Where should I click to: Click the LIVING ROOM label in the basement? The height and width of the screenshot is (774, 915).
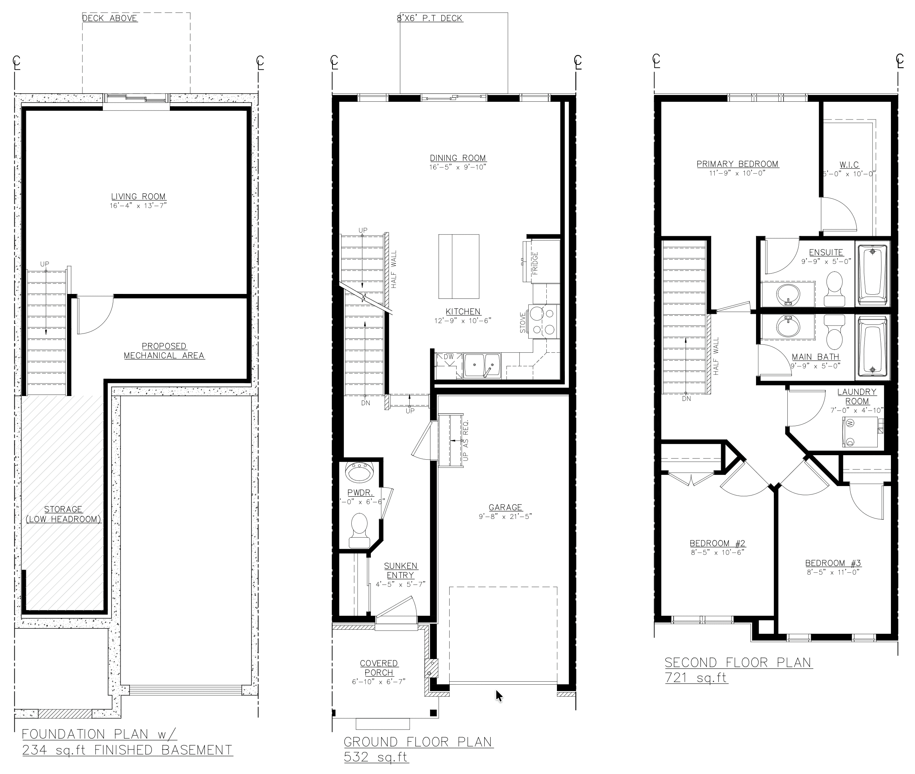tap(138, 197)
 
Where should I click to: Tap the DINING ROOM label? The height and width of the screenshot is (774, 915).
tap(458, 158)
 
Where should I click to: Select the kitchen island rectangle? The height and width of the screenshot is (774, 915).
tap(459, 266)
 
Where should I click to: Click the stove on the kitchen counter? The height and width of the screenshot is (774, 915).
tap(544, 322)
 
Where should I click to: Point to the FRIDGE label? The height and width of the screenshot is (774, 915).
tap(535, 263)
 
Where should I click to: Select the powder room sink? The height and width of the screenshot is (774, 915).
tap(359, 472)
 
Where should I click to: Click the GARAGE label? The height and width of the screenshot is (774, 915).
tap(505, 507)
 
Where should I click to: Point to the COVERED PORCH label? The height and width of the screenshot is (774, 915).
tap(379, 668)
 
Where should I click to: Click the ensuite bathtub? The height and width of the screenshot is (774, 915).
tap(872, 275)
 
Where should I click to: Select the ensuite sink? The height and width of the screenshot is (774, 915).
tap(788, 294)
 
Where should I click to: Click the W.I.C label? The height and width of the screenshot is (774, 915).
tap(849, 165)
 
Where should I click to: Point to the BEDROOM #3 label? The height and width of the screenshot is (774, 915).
tap(833, 563)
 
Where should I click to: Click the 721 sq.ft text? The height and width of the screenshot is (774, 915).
tap(696, 678)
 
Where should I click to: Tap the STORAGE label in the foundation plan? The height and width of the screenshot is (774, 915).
tap(63, 509)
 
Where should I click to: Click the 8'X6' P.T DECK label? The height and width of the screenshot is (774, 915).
tap(430, 18)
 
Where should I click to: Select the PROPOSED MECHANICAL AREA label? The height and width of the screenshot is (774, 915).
tap(164, 350)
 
